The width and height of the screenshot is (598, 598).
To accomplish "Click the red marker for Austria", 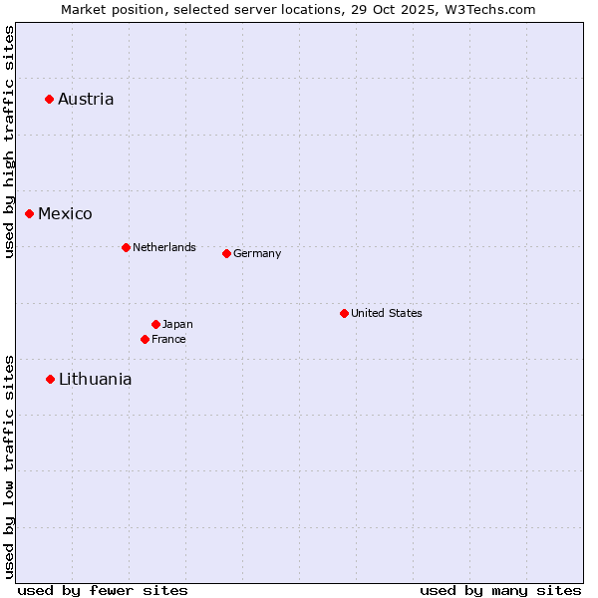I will tap(49, 99).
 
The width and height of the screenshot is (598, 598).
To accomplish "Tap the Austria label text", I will tap(86, 99).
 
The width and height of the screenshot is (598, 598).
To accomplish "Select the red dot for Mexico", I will tap(29, 213).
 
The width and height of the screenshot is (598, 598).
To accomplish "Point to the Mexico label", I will tap(65, 214).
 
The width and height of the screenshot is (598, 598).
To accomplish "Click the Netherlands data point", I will tap(126, 247).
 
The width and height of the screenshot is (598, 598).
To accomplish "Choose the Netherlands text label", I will tap(164, 247).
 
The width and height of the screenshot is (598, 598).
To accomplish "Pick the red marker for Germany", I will tap(226, 253).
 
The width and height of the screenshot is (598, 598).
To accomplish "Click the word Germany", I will tap(257, 254).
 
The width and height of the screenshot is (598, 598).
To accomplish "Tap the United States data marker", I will tap(344, 313).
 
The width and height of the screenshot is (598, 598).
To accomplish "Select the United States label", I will tap(387, 313).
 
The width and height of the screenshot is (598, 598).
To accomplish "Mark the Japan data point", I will tap(155, 324).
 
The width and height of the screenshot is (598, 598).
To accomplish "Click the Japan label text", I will tap(177, 324).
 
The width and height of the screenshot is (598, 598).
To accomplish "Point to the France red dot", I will tap(145, 339).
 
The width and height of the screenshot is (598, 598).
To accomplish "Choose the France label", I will tap(168, 339).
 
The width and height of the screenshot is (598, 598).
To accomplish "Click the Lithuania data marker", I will tap(50, 379).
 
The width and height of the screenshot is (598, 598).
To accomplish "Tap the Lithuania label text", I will tap(95, 379).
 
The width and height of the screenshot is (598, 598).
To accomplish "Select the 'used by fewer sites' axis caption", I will tap(103, 590).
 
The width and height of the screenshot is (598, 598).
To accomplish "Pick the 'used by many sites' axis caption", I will tap(500, 590).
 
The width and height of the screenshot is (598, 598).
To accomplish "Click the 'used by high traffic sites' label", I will tap(9, 142).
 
